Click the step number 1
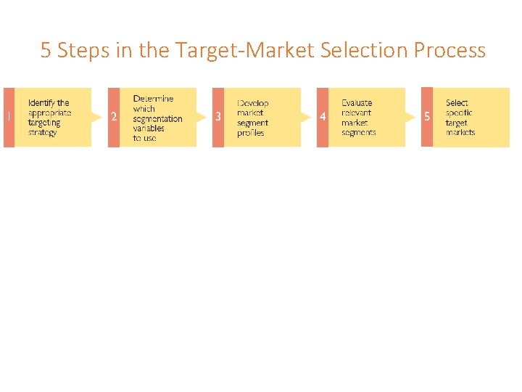point(8,118)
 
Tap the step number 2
point(113,118)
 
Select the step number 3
point(218,118)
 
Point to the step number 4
point(323,118)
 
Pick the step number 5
point(427,117)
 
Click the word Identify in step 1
point(41,103)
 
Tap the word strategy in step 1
point(42,133)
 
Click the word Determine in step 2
point(153,99)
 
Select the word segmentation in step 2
point(157,118)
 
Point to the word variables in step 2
point(149,128)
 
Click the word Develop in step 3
point(253,103)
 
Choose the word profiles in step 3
point(251,133)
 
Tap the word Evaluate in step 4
point(357,103)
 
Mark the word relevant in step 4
point(356,113)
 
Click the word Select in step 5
point(457,103)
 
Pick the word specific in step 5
point(459,113)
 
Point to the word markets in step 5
point(460,133)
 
